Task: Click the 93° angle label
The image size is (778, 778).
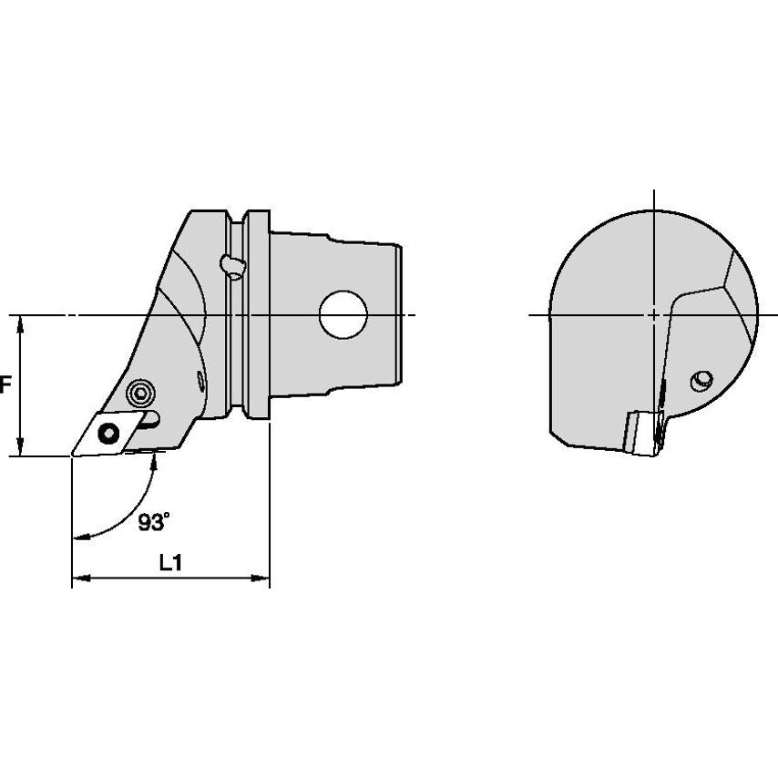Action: [154, 521]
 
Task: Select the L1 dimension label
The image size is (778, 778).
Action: [170, 563]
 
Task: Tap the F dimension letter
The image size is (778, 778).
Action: [5, 384]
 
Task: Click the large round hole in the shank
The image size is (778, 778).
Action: [343, 314]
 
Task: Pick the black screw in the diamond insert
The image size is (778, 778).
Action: [108, 434]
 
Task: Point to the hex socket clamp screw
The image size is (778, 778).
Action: [140, 394]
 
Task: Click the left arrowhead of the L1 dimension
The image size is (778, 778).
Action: [81, 578]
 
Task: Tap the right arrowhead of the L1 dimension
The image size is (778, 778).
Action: [260, 578]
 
